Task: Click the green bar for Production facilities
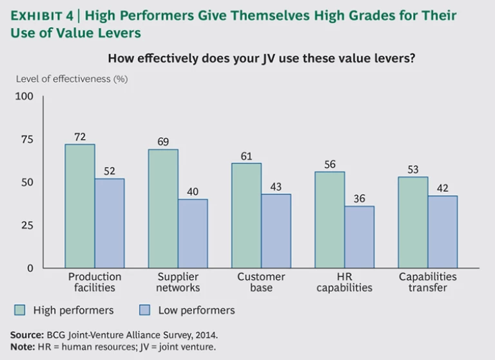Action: (80, 206)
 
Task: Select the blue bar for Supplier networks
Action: (193, 234)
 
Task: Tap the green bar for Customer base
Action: (246, 216)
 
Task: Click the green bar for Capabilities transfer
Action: (412, 222)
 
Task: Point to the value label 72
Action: (80, 137)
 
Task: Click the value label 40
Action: (193, 191)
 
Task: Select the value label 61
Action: (246, 155)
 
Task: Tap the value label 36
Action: (359, 198)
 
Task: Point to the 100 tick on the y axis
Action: (24, 97)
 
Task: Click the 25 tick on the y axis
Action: (27, 225)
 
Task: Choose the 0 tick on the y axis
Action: (30, 268)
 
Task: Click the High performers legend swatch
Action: (20, 310)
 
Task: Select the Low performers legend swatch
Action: (144, 310)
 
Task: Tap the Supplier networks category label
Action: (178, 282)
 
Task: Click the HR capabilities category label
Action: (345, 282)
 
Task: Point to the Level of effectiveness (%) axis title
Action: (71, 79)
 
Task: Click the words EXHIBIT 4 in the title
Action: (43, 15)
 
